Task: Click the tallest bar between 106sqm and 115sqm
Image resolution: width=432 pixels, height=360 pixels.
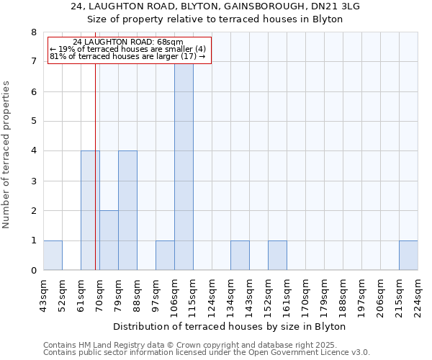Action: [x=184, y=166]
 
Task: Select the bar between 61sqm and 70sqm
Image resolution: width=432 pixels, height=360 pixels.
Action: [x=90, y=210]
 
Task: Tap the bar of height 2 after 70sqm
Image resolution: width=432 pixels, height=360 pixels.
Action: [x=109, y=240]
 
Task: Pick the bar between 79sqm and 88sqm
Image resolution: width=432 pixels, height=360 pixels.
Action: [x=127, y=210]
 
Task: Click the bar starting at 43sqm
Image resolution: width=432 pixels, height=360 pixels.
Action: [x=53, y=256]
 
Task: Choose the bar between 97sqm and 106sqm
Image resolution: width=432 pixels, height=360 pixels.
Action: [x=165, y=256]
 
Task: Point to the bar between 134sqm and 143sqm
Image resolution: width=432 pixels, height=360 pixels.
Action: [x=240, y=256]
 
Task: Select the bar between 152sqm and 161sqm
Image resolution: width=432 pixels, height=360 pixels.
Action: [x=277, y=256]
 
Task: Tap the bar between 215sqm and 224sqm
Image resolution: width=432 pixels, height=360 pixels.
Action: [x=408, y=256]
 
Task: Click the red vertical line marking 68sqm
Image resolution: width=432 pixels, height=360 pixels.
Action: [x=95, y=180]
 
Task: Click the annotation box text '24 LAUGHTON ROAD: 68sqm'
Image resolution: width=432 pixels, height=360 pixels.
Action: [x=129, y=42]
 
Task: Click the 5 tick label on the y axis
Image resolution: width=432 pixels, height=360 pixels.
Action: [x=33, y=121]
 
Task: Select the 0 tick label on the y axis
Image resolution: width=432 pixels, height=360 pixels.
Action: [x=33, y=271]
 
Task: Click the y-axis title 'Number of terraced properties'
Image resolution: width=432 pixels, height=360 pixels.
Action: [x=7, y=154]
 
